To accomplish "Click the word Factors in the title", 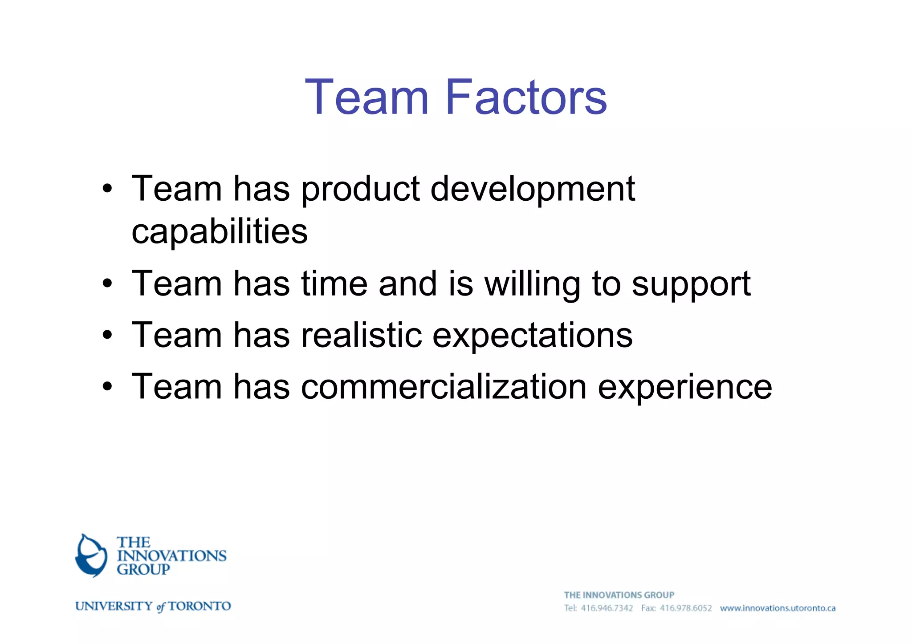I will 526,97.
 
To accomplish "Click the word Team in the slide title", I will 366,97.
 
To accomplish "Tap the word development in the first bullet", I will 533,189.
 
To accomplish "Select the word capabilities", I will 220,231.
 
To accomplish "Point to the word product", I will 360,189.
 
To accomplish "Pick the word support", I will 691,285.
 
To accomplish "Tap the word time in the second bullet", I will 334,284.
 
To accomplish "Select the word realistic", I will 362,335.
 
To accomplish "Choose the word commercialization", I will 444,386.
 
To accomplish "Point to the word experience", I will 684,387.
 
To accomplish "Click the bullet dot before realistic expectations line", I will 107,335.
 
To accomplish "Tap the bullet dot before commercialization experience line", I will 107,386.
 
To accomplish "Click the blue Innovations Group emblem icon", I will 91,555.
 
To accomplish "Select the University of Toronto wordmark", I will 153,606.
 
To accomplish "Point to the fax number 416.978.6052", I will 686,608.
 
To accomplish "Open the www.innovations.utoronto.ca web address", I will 778,608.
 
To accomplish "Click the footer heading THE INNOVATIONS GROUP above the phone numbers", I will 619,595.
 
